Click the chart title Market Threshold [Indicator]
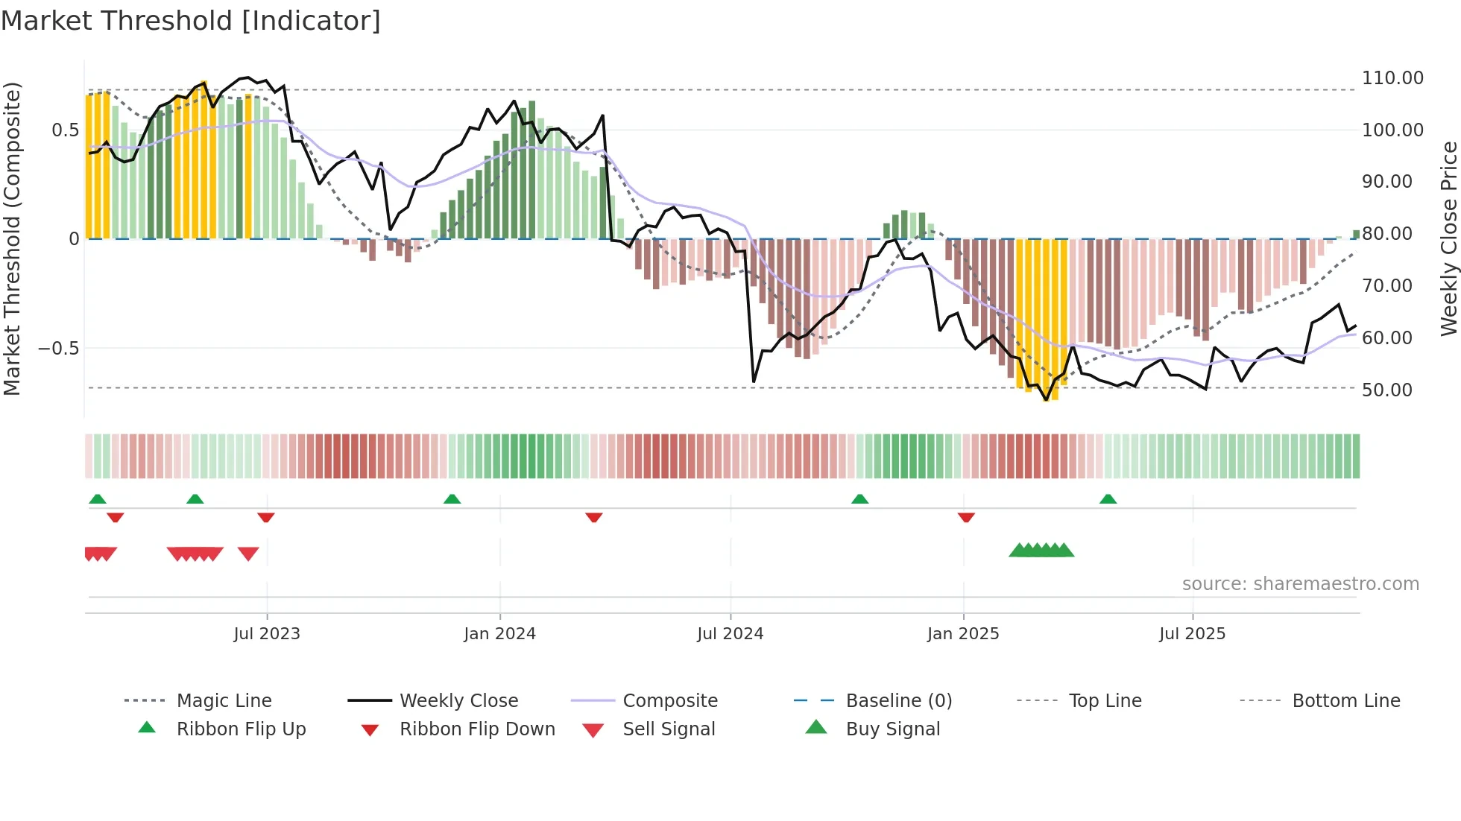click(x=191, y=21)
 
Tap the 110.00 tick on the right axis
click(x=1392, y=78)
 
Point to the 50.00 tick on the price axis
click(x=1386, y=390)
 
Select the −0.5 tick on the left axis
click(x=58, y=349)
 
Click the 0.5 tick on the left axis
click(x=65, y=130)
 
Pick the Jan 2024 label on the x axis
click(x=499, y=634)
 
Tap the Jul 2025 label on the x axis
click(x=1192, y=634)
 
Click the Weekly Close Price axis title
click(x=1448, y=238)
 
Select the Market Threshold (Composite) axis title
click(x=12, y=238)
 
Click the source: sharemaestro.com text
click(x=1300, y=584)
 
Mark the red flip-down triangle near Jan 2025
click(x=966, y=517)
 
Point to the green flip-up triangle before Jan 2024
click(x=452, y=499)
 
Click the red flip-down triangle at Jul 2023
click(x=266, y=517)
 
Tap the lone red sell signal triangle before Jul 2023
click(x=248, y=553)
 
